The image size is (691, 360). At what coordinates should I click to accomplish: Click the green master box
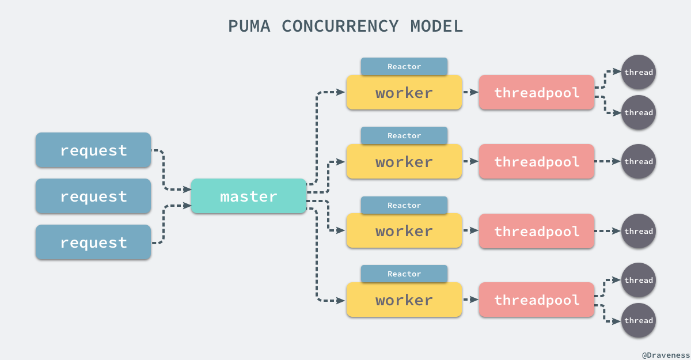(248, 196)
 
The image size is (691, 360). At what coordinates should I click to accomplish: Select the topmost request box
(93, 150)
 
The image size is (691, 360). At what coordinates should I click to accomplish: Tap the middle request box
(93, 196)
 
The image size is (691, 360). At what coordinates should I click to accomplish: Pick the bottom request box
(93, 242)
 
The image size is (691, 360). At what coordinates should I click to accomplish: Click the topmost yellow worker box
(404, 93)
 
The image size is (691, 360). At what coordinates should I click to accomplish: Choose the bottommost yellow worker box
(404, 300)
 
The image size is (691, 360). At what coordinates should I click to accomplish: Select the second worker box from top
(404, 162)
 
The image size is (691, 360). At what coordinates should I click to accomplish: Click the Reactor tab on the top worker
(404, 66)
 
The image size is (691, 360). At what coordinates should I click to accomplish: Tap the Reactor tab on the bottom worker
(404, 274)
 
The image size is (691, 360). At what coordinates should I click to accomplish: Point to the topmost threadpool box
(536, 93)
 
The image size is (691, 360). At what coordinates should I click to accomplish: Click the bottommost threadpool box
(536, 300)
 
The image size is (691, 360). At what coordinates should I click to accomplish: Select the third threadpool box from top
(536, 231)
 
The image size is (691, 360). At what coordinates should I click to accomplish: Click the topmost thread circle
(639, 72)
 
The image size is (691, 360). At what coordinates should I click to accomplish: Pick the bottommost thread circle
(639, 320)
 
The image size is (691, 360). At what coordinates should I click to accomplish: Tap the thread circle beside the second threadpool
(639, 161)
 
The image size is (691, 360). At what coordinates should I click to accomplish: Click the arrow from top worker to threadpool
(470, 92)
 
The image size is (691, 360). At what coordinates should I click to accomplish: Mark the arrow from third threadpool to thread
(608, 231)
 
